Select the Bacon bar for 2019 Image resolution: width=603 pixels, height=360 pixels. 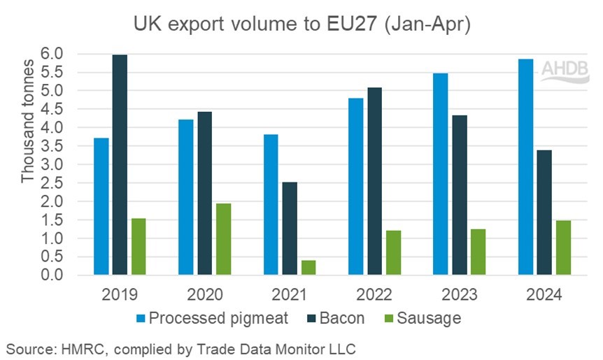(120, 165)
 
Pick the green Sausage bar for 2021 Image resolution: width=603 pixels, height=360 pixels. (308, 268)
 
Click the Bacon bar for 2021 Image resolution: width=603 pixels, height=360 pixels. (290, 229)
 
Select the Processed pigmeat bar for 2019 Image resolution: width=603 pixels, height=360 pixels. (102, 207)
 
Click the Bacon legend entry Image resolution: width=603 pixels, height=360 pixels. (336, 318)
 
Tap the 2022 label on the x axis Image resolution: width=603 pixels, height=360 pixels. (374, 294)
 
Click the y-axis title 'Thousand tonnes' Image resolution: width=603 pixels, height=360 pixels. (27, 140)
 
